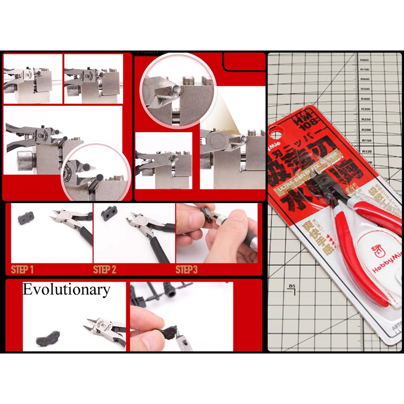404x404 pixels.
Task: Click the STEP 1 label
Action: [x=22, y=270]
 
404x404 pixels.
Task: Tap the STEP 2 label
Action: [x=105, y=270]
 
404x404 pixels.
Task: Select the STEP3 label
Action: [x=186, y=270]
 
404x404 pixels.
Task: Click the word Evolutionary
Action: [x=66, y=290]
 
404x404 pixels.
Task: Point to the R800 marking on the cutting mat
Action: [x=364, y=60]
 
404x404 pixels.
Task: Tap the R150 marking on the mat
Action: [x=367, y=140]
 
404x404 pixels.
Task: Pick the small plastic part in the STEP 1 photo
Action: [x=26, y=217]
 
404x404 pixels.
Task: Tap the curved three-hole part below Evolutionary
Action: [x=48, y=339]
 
